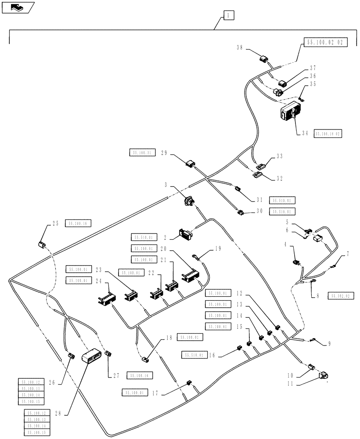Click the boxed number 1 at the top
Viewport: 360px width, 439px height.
point(228,16)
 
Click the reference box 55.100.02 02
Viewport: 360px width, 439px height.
point(324,43)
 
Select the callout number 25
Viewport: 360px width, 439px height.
point(55,223)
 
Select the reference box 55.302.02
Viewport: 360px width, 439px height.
point(340,296)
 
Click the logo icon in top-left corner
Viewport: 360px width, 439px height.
point(17,7)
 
